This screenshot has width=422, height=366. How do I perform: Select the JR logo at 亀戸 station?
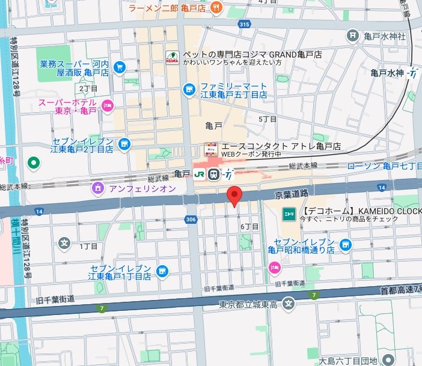[199, 174]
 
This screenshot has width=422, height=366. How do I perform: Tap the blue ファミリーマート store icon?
[190, 89]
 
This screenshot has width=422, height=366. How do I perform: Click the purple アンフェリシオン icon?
[98, 188]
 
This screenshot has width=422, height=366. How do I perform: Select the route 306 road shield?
[191, 220]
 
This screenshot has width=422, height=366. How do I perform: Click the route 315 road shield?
[243, 24]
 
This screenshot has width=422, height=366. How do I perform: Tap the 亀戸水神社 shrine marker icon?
[352, 36]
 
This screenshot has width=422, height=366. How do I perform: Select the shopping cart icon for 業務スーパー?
[119, 67]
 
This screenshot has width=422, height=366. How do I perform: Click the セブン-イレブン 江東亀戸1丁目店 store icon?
[162, 272]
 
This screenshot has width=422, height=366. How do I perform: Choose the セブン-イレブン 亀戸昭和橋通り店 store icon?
[345, 245]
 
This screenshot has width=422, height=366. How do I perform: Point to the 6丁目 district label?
[249, 226]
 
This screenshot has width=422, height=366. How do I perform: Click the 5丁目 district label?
[268, 119]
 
